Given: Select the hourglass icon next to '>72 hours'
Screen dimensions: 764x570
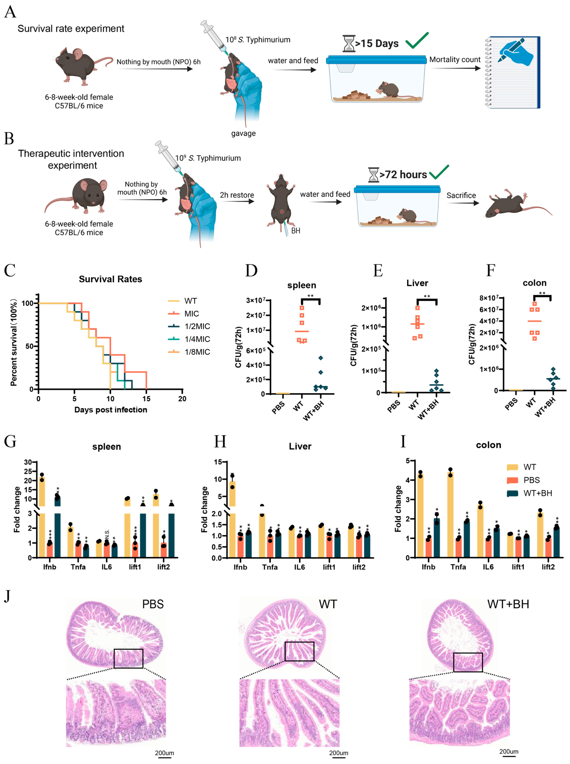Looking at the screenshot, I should coord(373,175).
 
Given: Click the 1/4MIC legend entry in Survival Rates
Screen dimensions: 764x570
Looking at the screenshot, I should coord(197,339).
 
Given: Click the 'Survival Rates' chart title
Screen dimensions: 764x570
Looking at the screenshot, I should coord(110,279).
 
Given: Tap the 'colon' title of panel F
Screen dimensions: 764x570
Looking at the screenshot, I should coord(534,283).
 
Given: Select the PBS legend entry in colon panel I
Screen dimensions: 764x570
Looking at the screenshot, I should coord(531,480).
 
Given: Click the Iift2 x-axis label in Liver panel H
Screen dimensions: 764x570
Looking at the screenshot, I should coord(359,567).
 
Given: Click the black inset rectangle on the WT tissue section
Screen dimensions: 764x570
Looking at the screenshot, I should coord(299,651).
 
